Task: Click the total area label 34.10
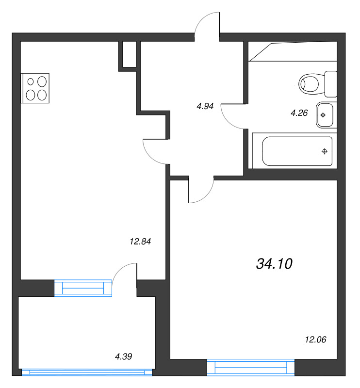click(x=274, y=264)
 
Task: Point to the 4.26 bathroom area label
click(x=299, y=113)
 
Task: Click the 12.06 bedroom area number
click(x=315, y=339)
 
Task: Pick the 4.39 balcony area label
click(x=123, y=356)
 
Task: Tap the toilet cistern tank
click(x=330, y=83)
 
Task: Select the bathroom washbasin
click(x=325, y=115)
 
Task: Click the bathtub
click(x=297, y=151)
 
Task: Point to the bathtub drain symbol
click(x=325, y=151)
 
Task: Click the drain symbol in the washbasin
click(x=323, y=115)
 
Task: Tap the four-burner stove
click(x=35, y=88)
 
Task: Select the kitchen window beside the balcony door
click(x=83, y=288)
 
